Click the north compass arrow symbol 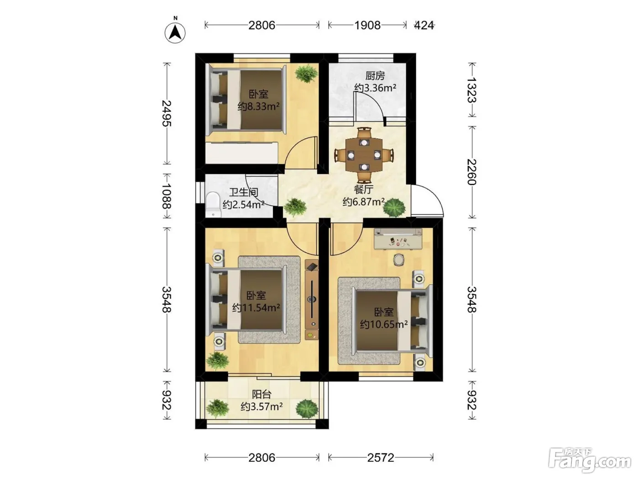175,32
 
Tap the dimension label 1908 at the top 367,26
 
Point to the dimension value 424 424,26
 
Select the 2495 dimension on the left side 167,114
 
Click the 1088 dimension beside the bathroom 167,196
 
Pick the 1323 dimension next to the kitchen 472,90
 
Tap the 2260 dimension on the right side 472,172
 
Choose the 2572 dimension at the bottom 381,458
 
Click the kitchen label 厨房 375,76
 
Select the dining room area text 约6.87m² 364,202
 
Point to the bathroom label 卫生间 244,192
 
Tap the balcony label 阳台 262,394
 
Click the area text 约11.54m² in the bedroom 256,307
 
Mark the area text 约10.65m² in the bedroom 384,324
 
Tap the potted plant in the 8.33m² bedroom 306,73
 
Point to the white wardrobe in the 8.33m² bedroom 241,153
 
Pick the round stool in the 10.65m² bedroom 399,260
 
